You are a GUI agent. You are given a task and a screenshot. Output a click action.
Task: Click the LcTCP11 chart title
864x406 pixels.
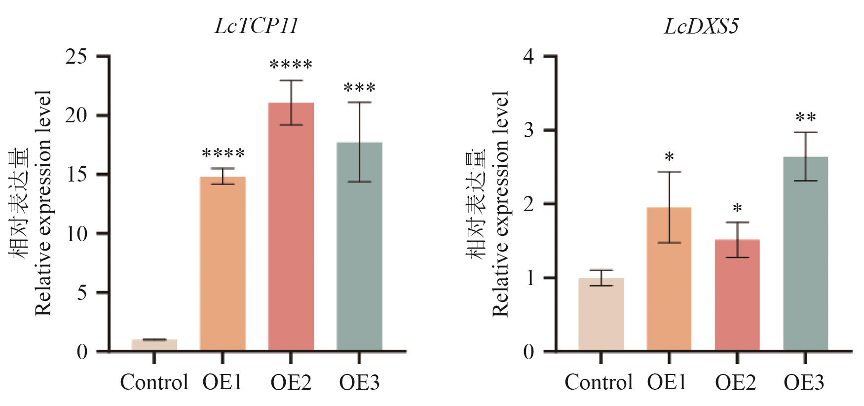tap(257, 26)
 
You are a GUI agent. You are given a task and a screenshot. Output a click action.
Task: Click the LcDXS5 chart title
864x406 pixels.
tap(701, 26)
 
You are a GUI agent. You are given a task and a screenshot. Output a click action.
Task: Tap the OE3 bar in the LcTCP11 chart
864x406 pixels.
tap(359, 247)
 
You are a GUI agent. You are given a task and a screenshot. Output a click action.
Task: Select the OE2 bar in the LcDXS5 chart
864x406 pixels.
tap(737, 295)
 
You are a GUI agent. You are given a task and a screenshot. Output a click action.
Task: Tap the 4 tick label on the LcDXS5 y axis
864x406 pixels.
tap(529, 57)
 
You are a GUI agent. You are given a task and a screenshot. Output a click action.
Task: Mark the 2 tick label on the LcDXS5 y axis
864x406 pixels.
tap(529, 204)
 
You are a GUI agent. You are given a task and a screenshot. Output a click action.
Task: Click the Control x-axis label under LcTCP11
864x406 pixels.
tap(154, 382)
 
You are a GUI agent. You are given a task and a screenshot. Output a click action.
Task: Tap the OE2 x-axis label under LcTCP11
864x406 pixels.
tap(291, 382)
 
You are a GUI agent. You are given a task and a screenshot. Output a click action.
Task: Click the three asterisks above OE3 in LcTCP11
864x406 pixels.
tap(359, 89)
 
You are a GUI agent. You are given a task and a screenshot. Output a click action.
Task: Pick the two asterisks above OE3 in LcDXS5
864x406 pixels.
tap(805, 118)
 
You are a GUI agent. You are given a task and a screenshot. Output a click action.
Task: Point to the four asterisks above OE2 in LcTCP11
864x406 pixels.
tap(291, 65)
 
